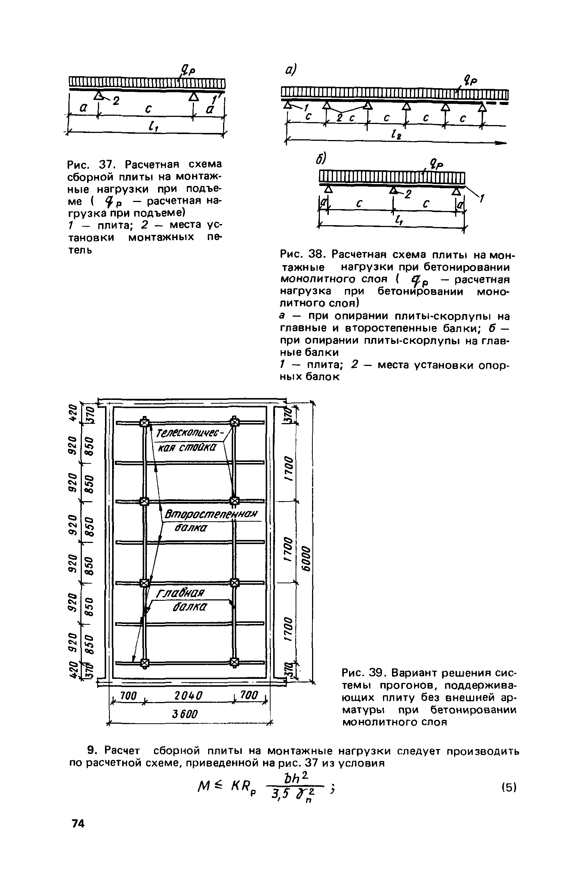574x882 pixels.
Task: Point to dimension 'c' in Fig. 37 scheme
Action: [x=149, y=109]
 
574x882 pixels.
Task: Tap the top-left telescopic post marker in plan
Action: [x=145, y=422]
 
